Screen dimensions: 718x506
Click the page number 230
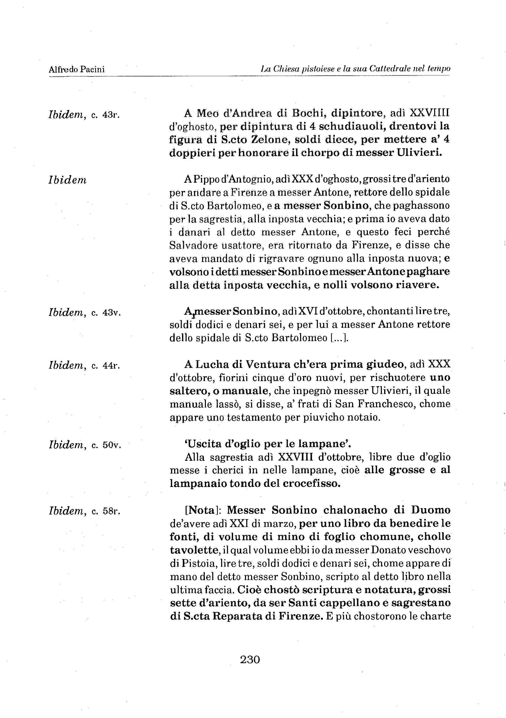250,660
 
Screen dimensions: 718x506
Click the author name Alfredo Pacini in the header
77,69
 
